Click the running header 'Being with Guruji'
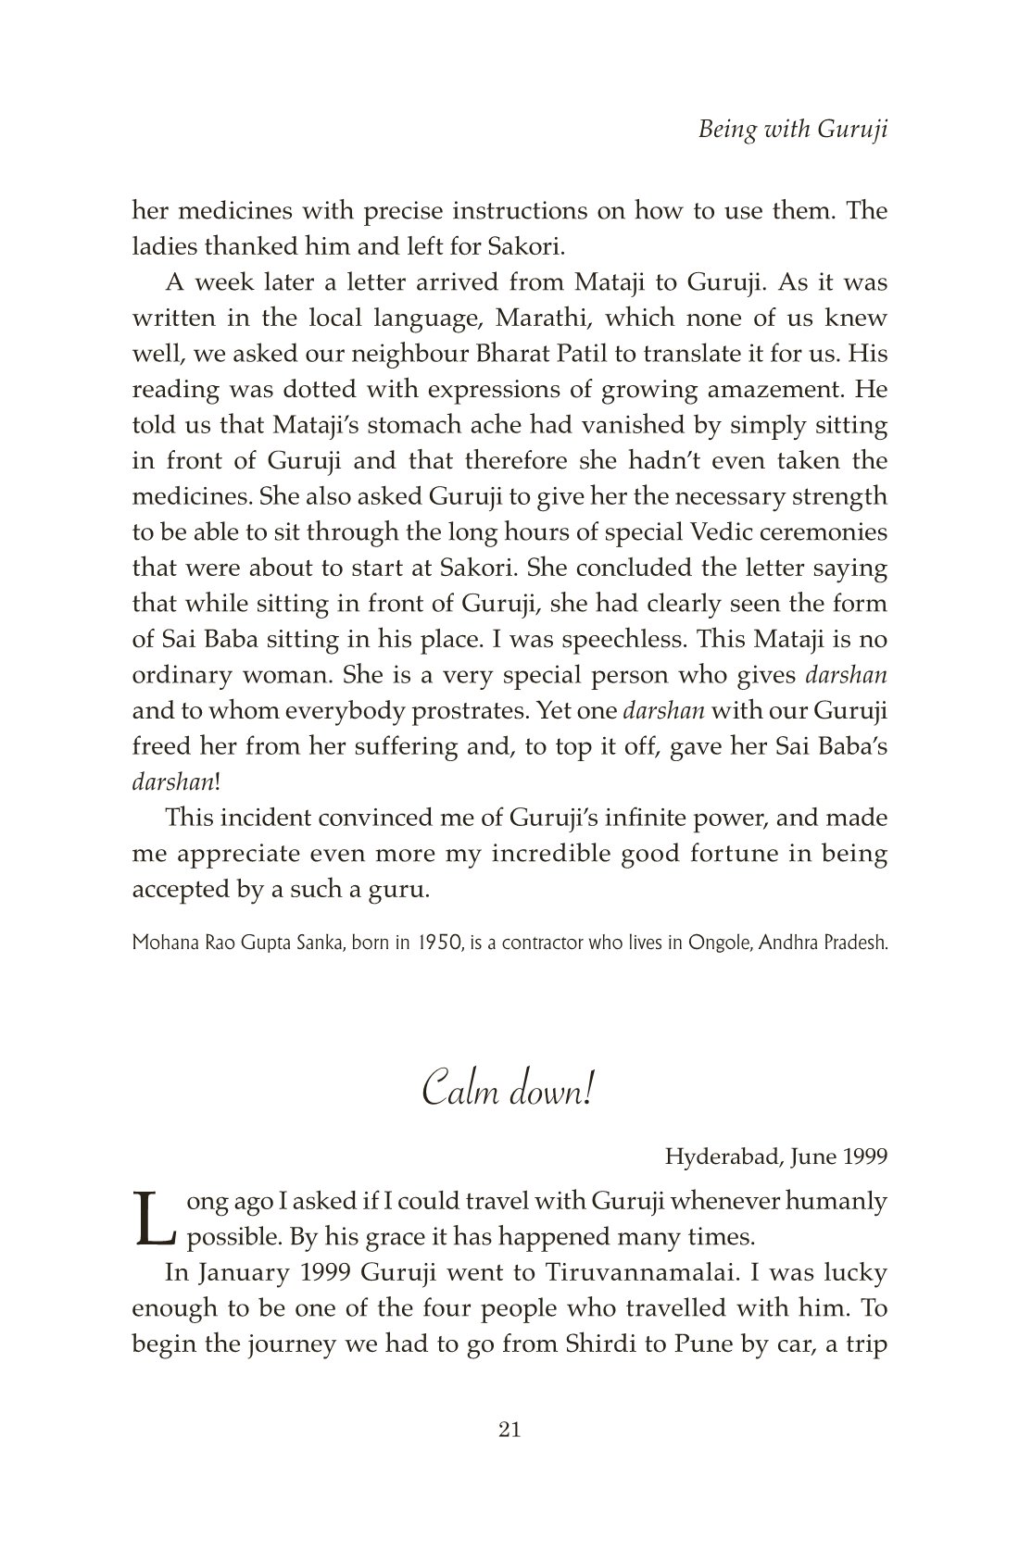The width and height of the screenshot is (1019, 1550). [793, 130]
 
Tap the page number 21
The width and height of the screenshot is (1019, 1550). [509, 1431]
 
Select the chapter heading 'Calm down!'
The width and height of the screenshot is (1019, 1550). [508, 1091]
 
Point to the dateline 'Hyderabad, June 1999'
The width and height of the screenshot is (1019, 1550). [776, 1156]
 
